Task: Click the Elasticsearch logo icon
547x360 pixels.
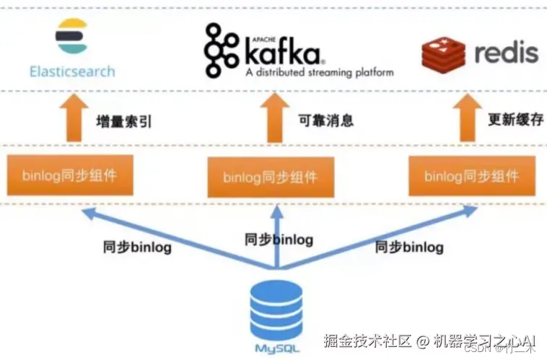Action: coord(71,36)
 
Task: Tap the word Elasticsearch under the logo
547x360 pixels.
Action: coord(72,71)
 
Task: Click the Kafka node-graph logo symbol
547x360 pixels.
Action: coord(221,49)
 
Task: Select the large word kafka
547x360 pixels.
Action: coord(283,52)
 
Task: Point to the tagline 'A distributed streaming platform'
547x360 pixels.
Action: coord(319,72)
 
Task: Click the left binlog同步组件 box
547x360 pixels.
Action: coord(69,175)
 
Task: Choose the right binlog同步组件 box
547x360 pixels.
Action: coord(471,175)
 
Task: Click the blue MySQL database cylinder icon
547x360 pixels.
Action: coord(276,309)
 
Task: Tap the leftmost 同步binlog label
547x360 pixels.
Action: coord(136,247)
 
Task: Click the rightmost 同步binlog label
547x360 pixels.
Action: coord(409,247)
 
